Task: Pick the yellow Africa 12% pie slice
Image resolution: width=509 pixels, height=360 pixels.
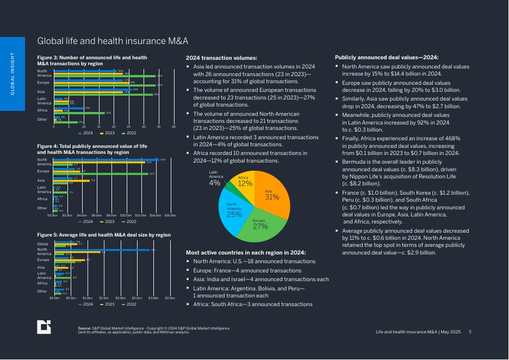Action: pyautogui.click(x=243, y=182)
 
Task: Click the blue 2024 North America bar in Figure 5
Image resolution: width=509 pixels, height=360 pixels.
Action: pyautogui.click(x=102, y=250)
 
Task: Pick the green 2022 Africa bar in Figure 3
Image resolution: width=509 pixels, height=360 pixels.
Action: pyautogui.click(x=79, y=113)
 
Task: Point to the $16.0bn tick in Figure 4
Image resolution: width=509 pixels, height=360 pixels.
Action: pyautogui.click(x=170, y=215)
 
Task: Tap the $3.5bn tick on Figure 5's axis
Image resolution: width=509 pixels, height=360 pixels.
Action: pyautogui.click(x=170, y=298)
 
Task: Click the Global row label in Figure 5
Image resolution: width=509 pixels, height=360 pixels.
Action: pyautogui.click(x=42, y=244)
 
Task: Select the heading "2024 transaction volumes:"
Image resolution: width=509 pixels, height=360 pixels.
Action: pyautogui.click(x=221, y=58)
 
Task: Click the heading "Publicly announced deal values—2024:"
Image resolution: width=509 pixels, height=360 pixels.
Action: pyautogui.click(x=387, y=57)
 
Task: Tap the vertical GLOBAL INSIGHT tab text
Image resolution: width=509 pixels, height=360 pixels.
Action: pyautogui.click(x=13, y=74)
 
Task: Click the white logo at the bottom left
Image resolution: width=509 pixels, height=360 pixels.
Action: pyautogui.click(x=44, y=327)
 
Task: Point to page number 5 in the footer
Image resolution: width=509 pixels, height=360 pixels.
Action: pyautogui.click(x=470, y=332)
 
